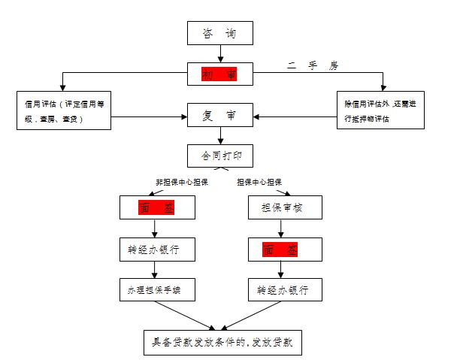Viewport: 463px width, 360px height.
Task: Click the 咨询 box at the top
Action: pos(219,33)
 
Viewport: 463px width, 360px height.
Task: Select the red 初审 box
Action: pos(219,74)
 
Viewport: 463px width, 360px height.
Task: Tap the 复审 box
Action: pos(219,116)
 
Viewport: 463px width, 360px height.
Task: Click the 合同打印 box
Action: pos(219,156)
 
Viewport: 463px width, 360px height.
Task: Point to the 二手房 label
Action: pos(313,65)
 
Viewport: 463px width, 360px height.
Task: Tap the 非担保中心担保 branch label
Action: pos(180,182)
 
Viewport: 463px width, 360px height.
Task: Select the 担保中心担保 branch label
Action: pos(259,182)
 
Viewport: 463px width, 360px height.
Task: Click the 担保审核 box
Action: pos(280,207)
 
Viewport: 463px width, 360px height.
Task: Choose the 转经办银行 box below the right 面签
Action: pos(280,289)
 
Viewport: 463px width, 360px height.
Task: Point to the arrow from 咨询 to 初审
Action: pos(219,54)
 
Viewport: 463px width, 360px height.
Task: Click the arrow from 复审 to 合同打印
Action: pos(219,137)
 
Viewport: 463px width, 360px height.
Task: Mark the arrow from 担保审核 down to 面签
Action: pos(280,228)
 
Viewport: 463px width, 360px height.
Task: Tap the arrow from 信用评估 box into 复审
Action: pos(150,116)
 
